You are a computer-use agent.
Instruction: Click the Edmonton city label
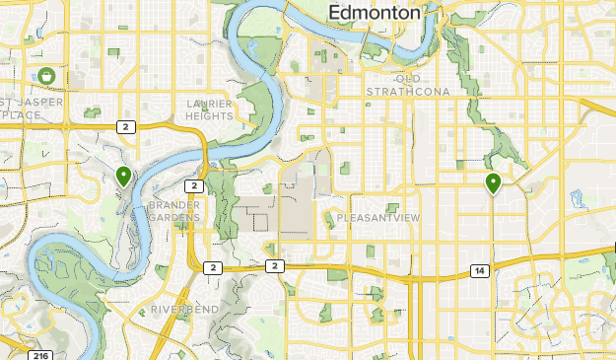click(374, 13)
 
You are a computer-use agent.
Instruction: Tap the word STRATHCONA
click(408, 92)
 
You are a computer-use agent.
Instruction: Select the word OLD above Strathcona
click(408, 79)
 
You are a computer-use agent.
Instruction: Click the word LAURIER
click(210, 103)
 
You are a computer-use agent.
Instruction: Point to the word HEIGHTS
click(210, 115)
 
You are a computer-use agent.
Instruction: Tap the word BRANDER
click(173, 204)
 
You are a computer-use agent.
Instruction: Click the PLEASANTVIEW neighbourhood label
click(377, 217)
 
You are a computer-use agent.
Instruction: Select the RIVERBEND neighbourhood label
click(185, 310)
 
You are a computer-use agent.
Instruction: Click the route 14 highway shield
click(479, 270)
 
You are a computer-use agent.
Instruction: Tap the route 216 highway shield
click(39, 355)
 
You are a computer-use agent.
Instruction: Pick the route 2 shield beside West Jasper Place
click(125, 126)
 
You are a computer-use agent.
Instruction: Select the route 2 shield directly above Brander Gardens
click(194, 185)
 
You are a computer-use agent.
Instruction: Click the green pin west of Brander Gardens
click(123, 178)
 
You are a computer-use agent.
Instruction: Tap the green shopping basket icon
click(46, 75)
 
